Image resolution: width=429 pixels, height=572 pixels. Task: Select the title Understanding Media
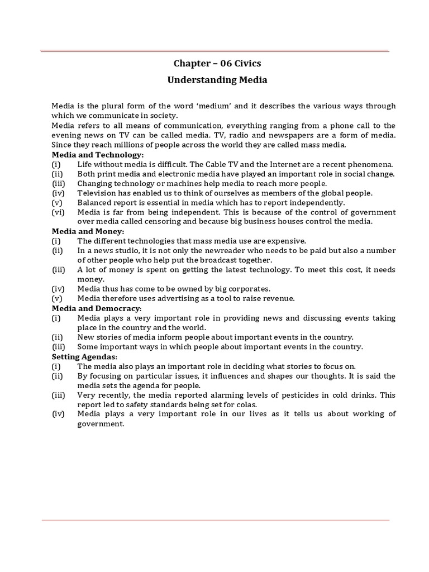click(217, 80)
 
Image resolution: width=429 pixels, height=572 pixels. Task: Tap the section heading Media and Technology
click(98, 154)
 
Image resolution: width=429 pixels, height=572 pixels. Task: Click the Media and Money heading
click(88, 231)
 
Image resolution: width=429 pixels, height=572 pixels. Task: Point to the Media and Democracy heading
click(97, 308)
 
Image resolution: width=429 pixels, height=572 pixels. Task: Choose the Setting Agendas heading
click(84, 356)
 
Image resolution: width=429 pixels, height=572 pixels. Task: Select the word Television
click(97, 193)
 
